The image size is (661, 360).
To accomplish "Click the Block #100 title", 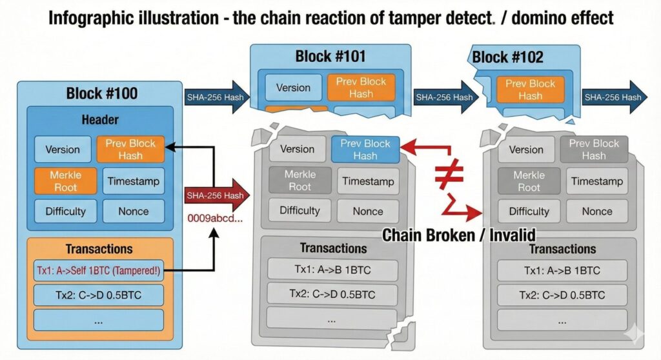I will click(101, 94).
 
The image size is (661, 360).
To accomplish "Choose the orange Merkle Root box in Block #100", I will click(65, 181).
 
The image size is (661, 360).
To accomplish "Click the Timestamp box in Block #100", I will click(134, 181).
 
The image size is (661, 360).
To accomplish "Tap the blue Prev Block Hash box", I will click(365, 150).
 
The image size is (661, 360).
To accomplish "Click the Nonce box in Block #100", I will click(134, 211).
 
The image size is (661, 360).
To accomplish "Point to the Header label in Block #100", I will click(100, 121).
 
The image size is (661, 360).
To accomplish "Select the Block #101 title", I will click(330, 55).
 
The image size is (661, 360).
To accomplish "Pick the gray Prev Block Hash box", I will click(593, 150).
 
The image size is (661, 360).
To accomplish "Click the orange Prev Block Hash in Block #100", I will click(130, 150).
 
